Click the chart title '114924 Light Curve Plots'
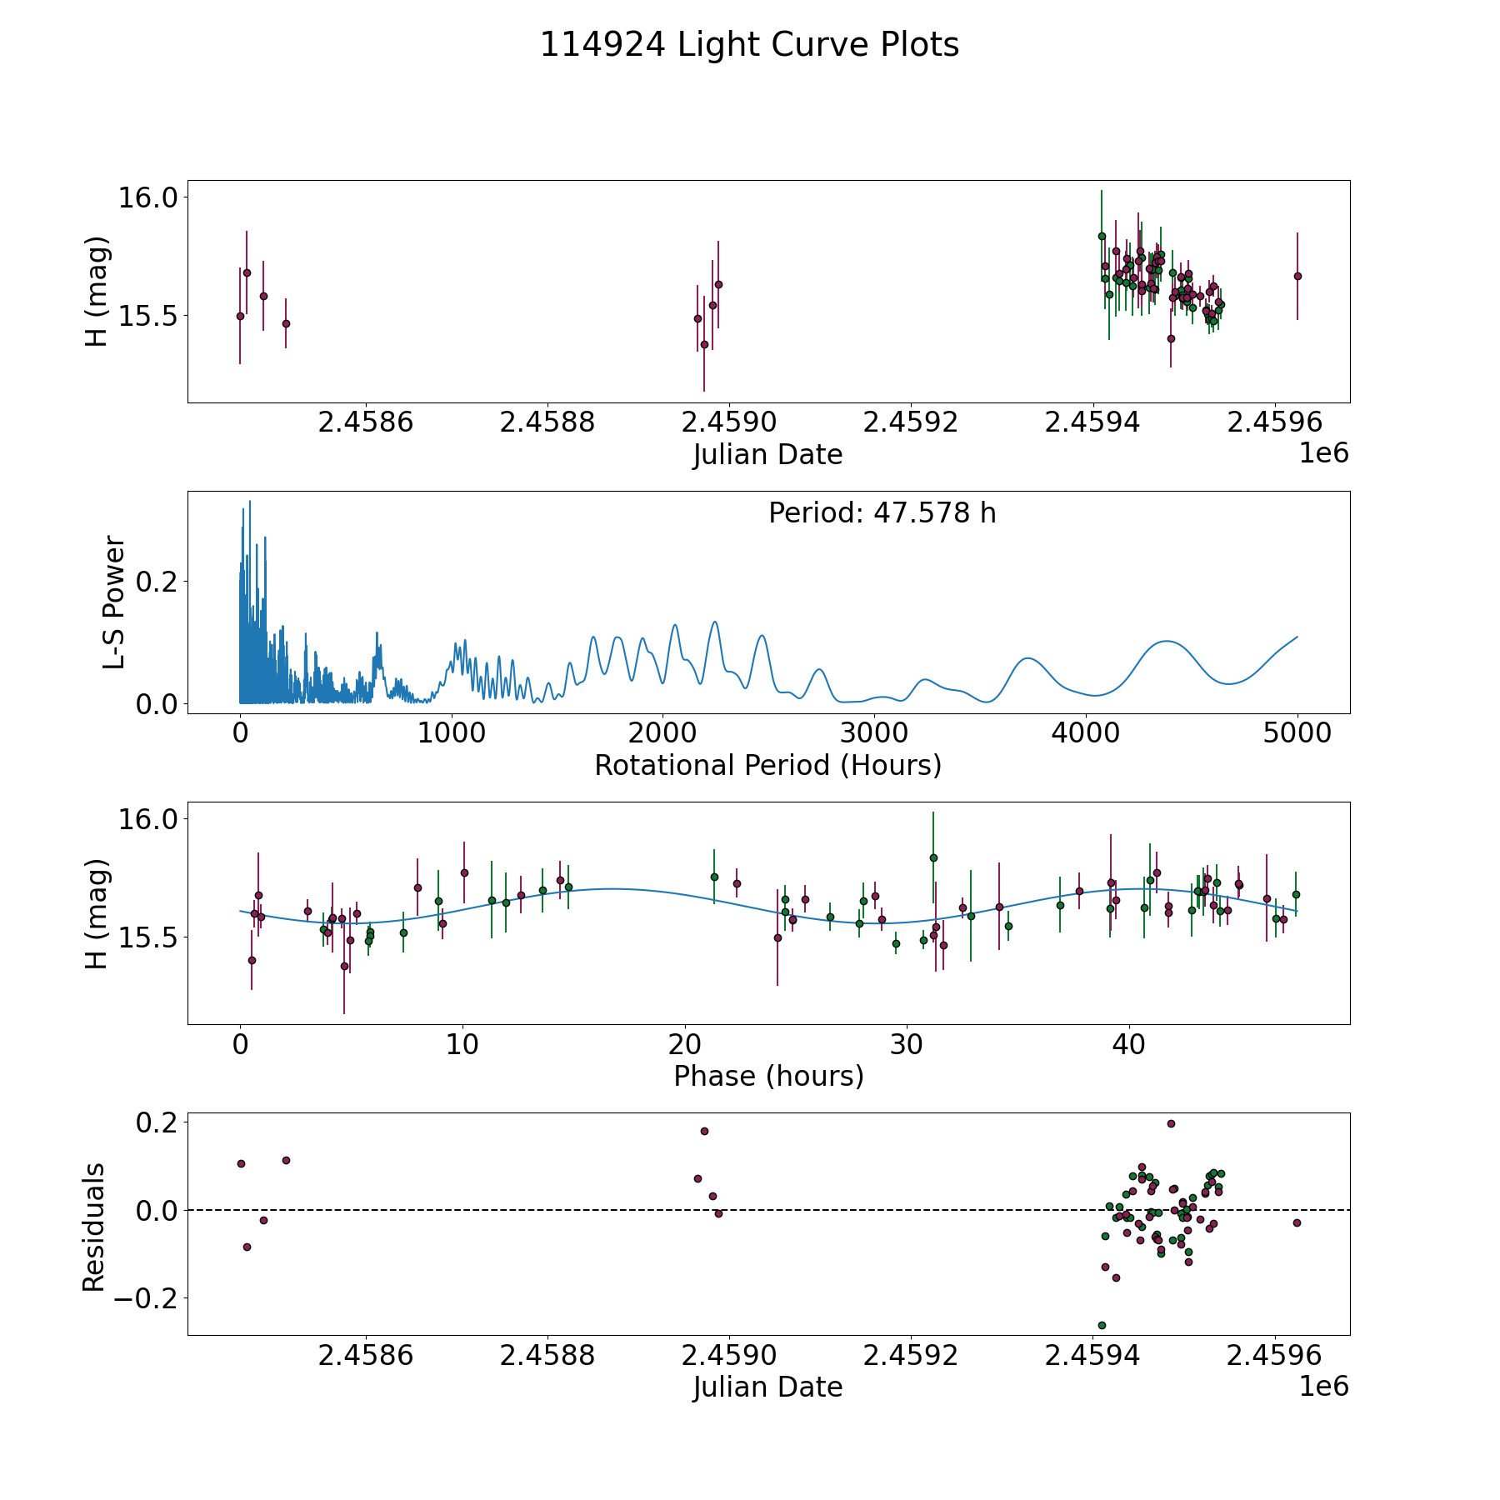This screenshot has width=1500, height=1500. pos(749,45)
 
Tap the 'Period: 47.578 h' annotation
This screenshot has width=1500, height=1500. pos(882,513)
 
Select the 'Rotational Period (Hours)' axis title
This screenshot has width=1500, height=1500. pos(767,765)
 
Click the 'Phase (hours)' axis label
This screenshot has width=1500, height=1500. pos(768,1076)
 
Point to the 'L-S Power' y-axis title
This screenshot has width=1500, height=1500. pos(114,602)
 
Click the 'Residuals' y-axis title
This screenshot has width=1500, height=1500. pos(94,1227)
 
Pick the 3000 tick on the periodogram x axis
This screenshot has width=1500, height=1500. pos(873,733)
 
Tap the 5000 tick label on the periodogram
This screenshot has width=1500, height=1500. pos(1297,733)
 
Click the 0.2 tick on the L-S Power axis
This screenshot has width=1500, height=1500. pos(157,581)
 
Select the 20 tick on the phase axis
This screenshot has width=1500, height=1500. pos(684,1044)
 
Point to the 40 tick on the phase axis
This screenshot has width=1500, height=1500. pos(1129,1044)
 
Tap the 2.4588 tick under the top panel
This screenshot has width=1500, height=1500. pos(547,422)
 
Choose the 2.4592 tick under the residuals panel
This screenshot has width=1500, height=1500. pos(911,1356)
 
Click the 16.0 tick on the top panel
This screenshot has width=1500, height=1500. pos(148,198)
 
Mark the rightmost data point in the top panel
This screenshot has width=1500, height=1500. pos(1297,276)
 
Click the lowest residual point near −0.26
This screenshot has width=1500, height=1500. pos(1102,1325)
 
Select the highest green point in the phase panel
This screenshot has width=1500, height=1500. pos(933,857)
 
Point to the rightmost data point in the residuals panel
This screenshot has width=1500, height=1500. pos(1297,1222)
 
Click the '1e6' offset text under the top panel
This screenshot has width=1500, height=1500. pos(1323,453)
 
